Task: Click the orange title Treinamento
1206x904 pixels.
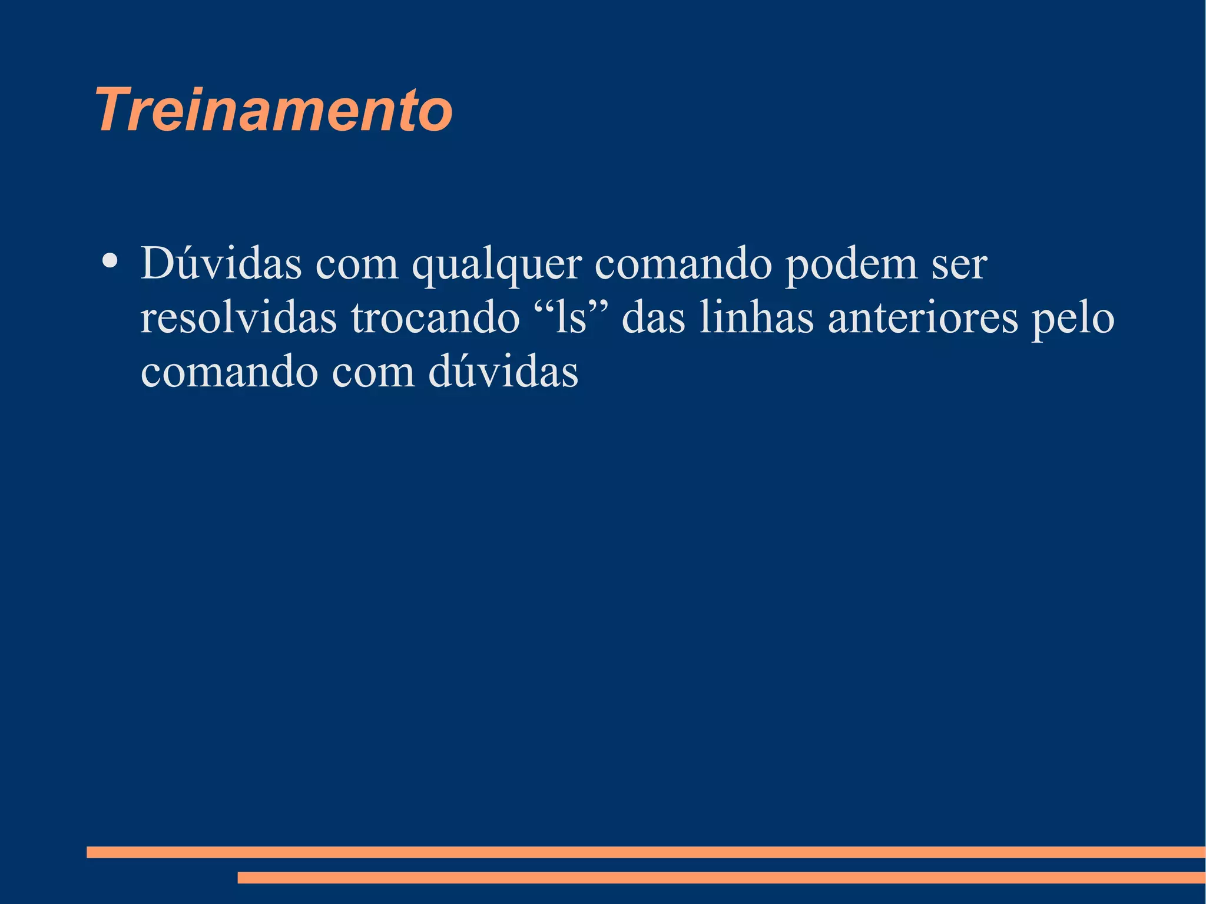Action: tap(274, 110)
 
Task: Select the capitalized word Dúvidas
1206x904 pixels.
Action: tap(221, 263)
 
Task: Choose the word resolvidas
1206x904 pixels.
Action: tap(238, 318)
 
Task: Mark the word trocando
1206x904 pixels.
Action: tap(435, 318)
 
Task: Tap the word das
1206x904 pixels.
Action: tap(654, 318)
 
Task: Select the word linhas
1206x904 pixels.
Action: tap(757, 318)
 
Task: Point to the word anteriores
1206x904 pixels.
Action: tap(923, 318)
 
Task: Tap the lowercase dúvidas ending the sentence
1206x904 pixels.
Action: tap(503, 372)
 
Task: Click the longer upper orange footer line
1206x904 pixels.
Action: tap(645, 852)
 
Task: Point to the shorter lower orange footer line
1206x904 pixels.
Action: tap(721, 877)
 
